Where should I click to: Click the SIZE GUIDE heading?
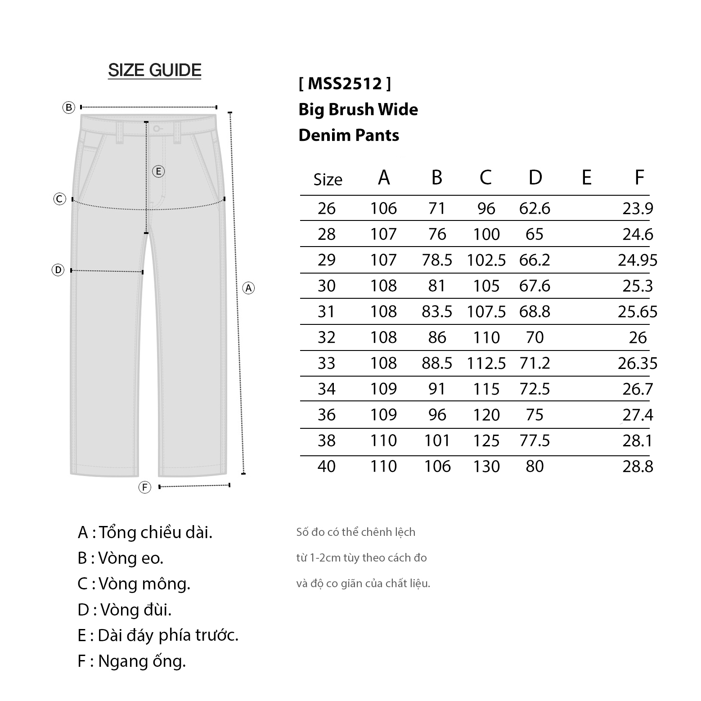[x=154, y=70]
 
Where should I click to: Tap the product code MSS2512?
[x=345, y=83]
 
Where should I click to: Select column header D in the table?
[x=535, y=178]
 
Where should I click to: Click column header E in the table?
[x=586, y=178]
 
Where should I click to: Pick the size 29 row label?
[x=327, y=260]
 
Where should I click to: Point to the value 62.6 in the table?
[x=535, y=208]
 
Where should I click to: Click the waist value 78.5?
[x=437, y=260]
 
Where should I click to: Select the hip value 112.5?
[x=486, y=363]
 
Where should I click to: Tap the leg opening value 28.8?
[x=638, y=466]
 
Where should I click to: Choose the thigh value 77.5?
[x=535, y=440]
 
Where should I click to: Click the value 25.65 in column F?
[x=638, y=311]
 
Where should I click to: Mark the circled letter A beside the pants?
[x=248, y=288]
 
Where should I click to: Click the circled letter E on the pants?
[x=158, y=171]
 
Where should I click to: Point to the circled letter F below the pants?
[x=144, y=487]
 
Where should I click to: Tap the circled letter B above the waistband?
[x=68, y=108]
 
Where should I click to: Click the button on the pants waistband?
[x=156, y=129]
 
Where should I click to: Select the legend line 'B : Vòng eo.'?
[x=121, y=558]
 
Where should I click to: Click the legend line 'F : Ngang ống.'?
[x=131, y=661]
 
